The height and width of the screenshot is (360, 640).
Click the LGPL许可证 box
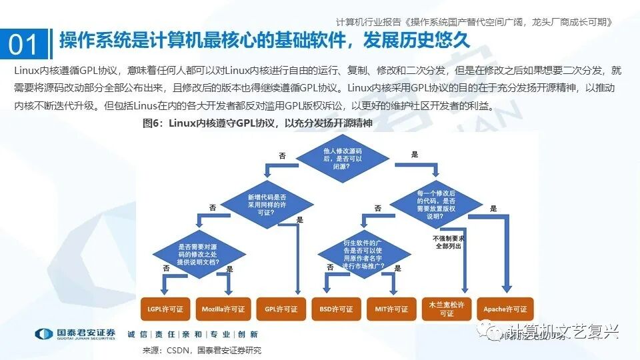(x=166, y=309)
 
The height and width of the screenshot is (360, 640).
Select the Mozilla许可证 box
(x=223, y=309)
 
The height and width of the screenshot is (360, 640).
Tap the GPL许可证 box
(x=281, y=309)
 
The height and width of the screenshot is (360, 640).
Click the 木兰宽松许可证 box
(x=447, y=309)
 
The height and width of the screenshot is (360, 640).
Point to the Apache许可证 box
(x=505, y=309)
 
